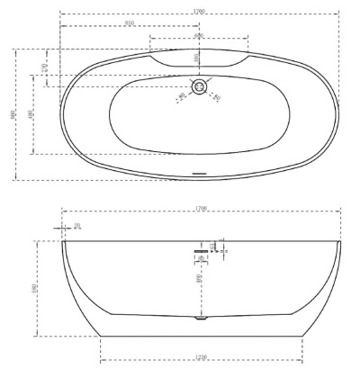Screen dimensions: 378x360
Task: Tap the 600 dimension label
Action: click(198, 35)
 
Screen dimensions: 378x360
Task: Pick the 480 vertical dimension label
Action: click(31, 114)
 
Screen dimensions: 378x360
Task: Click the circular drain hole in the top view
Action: click(199, 87)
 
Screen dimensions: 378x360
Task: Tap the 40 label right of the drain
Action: click(217, 96)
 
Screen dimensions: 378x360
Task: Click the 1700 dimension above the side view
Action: click(202, 210)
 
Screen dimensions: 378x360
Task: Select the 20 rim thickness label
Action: click(76, 226)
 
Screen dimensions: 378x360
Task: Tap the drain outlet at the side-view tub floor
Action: click(200, 318)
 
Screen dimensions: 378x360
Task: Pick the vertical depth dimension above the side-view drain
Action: click(200, 279)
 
